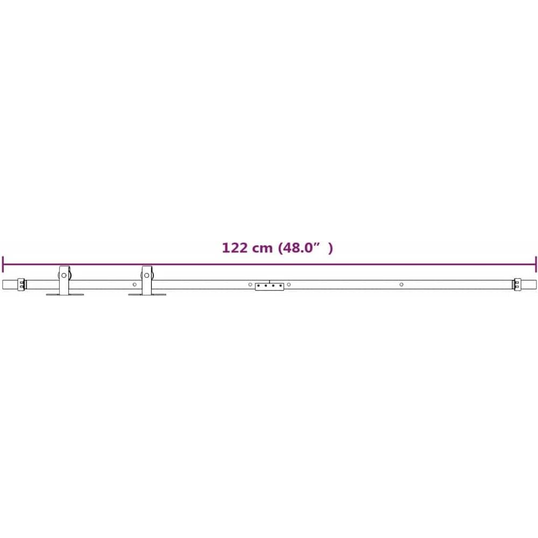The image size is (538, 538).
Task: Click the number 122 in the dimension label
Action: coord(235,247)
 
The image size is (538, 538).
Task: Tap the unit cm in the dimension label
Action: coord(262,249)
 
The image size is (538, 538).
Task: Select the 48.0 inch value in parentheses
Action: coord(299,247)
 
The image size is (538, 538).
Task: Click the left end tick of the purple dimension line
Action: coord(3,264)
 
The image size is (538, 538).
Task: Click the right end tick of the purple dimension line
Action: coord(535,264)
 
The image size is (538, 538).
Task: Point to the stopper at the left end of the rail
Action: coord(22,285)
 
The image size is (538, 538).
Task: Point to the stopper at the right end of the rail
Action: coord(516,285)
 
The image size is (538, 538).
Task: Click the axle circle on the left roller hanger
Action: coord(64,275)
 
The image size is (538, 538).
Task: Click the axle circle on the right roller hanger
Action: coord(146,275)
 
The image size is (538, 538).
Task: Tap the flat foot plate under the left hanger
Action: coord(65,294)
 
